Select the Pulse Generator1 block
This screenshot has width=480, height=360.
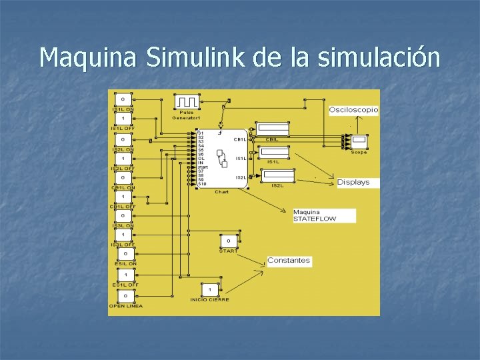[x=187, y=102]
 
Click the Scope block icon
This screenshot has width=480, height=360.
[x=359, y=141]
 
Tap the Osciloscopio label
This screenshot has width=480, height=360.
[x=353, y=109]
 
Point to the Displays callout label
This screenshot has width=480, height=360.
[x=353, y=182]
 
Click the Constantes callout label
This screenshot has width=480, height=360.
[x=289, y=260]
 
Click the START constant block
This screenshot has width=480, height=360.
[x=228, y=241]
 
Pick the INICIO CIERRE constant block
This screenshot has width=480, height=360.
[x=210, y=290]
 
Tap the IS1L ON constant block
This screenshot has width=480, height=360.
[x=123, y=99]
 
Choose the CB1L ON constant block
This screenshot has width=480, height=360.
[x=123, y=177]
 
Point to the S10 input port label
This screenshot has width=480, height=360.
[x=202, y=183]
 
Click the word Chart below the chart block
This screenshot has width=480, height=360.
[x=221, y=192]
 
